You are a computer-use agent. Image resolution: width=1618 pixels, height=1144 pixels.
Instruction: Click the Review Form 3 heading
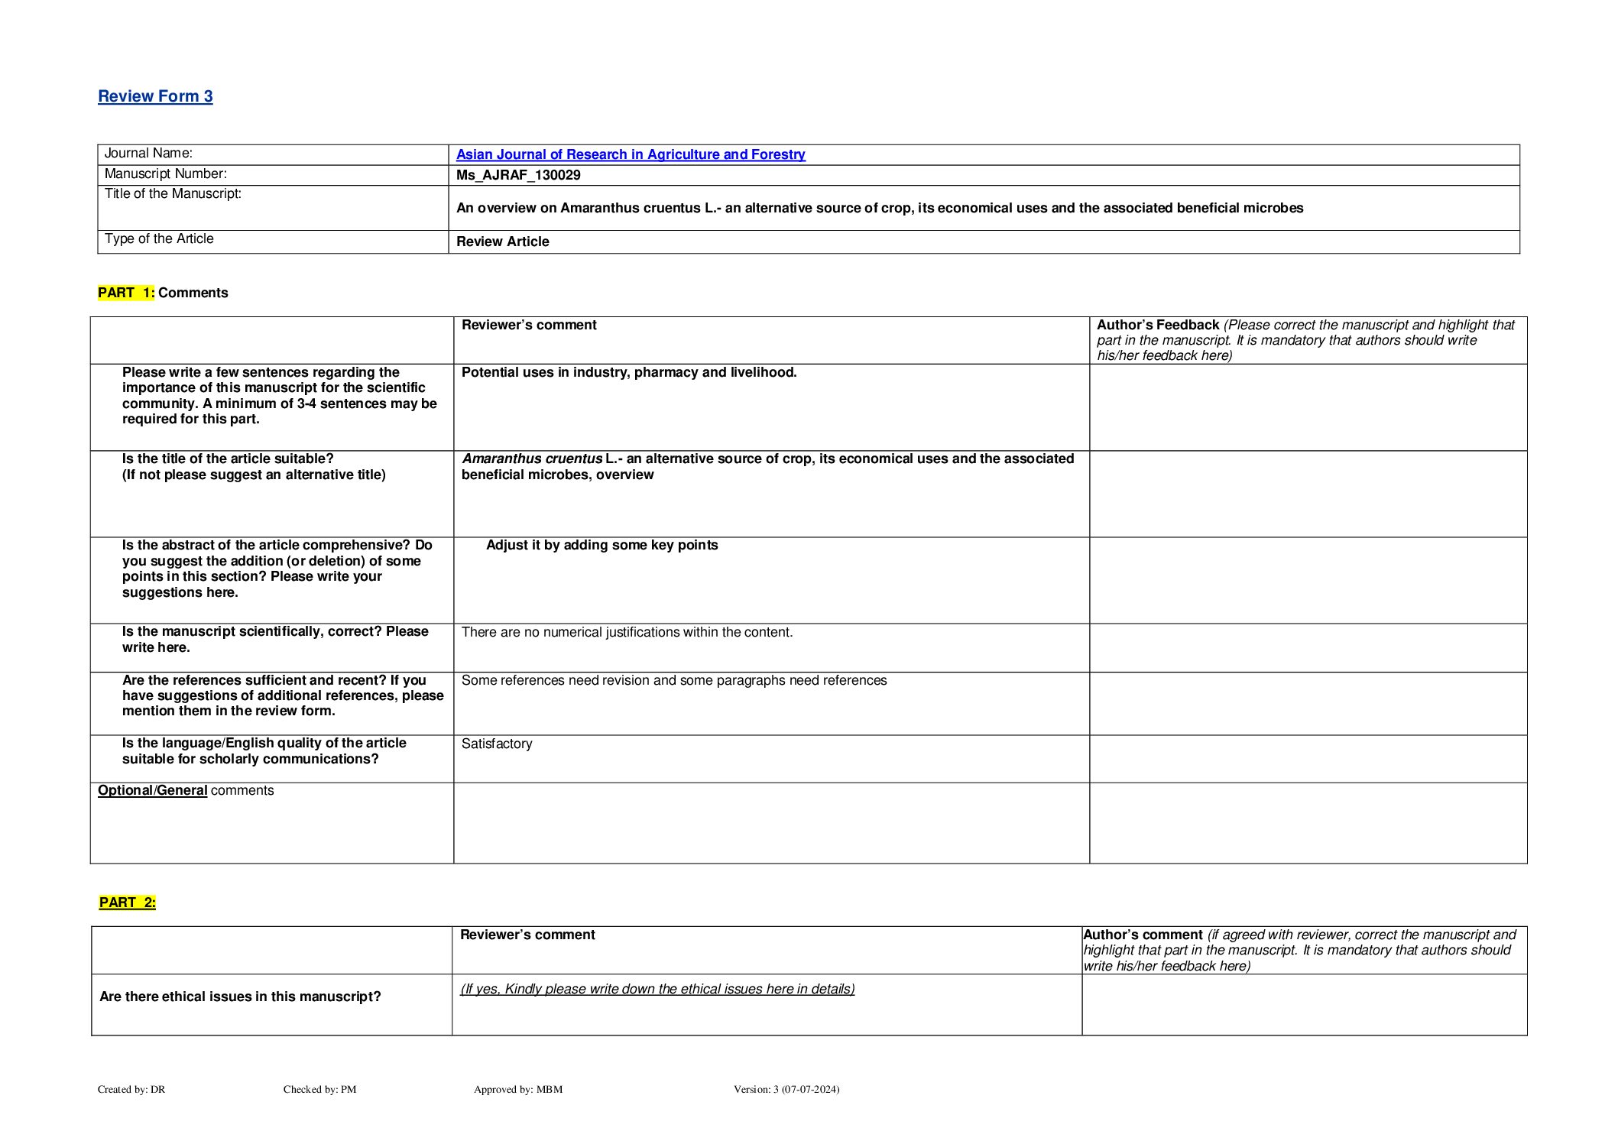click(155, 96)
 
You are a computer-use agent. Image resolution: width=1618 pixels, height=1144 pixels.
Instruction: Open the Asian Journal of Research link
click(631, 154)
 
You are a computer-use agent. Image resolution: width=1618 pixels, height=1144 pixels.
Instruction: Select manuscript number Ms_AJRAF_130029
click(518, 175)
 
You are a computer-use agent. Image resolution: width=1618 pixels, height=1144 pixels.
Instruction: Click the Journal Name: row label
click(148, 154)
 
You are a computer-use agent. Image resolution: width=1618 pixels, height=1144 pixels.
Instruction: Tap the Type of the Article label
click(159, 239)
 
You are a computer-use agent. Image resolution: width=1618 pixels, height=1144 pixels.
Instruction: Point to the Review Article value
click(503, 241)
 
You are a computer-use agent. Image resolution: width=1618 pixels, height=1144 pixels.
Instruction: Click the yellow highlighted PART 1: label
click(126, 293)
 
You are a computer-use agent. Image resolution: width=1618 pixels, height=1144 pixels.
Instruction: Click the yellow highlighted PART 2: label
click(128, 903)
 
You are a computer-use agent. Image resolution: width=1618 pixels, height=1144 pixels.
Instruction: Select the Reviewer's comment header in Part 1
click(529, 325)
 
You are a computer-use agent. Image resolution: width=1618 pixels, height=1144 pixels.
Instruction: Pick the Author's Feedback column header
click(1158, 325)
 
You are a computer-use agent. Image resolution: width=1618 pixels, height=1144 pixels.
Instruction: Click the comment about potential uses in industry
click(629, 372)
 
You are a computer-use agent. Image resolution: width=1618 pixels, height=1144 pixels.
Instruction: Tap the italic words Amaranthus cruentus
click(532, 459)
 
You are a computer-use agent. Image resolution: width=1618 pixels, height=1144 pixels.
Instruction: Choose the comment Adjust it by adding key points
click(602, 545)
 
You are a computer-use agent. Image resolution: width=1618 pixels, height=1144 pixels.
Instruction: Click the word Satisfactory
click(497, 744)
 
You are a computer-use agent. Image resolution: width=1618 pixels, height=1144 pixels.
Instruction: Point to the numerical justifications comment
click(627, 632)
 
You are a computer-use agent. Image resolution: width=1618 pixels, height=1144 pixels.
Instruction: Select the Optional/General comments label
click(186, 790)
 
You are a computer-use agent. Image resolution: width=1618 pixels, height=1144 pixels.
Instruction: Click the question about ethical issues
click(240, 997)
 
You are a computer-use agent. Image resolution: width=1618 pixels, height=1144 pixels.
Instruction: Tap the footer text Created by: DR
click(131, 1089)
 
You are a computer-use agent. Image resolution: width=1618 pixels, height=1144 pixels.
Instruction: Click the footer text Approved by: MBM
click(518, 1089)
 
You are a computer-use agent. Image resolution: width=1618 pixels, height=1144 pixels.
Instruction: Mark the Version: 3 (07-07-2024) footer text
click(786, 1089)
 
